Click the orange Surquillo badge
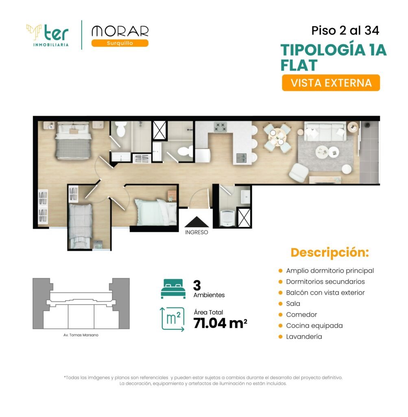click(120, 43)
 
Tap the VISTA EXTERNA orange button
click(331, 83)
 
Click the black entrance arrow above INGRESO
click(196, 222)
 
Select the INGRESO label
click(196, 233)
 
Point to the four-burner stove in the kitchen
click(220, 127)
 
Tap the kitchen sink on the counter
click(242, 158)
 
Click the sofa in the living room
click(325, 132)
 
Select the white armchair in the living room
click(299, 173)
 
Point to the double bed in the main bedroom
click(74, 140)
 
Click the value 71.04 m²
click(220, 323)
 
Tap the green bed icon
click(173, 289)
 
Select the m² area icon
click(172, 319)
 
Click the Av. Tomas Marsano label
click(81, 335)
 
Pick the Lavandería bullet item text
click(304, 337)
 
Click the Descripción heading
click(329, 252)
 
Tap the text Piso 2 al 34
click(345, 31)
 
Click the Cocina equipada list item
click(314, 326)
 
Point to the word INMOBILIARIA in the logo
click(51, 45)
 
